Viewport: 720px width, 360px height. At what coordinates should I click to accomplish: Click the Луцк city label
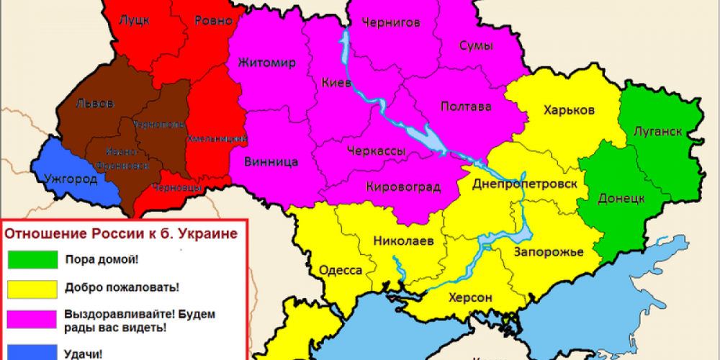[x=135, y=21]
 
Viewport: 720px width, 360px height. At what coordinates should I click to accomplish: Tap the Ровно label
[x=213, y=21]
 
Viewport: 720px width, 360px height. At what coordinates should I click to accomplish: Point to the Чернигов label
[x=391, y=22]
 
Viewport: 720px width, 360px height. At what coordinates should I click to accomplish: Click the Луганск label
[x=659, y=132]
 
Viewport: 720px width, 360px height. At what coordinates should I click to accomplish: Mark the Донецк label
[x=621, y=199]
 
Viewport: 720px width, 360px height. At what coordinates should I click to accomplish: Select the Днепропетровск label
[x=525, y=184]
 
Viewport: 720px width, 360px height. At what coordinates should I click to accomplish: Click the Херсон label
[x=472, y=297]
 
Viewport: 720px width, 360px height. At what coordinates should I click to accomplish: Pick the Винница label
[x=271, y=161]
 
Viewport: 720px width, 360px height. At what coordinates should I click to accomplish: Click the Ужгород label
[x=70, y=178]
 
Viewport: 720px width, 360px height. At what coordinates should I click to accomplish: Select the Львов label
[x=94, y=104]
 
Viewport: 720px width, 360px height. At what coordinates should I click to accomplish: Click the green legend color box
[x=32, y=259]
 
